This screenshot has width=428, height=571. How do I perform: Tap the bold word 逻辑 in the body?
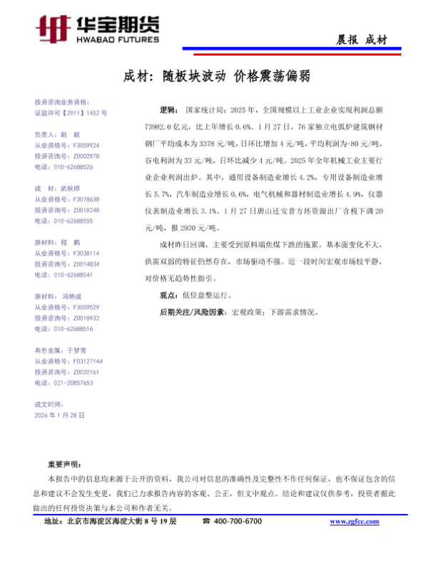pos(168,111)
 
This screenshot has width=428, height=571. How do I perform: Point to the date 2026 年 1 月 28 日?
pos(60,415)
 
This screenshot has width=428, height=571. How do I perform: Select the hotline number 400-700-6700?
pos(238,522)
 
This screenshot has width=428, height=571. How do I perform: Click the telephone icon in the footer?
pos(206,522)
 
